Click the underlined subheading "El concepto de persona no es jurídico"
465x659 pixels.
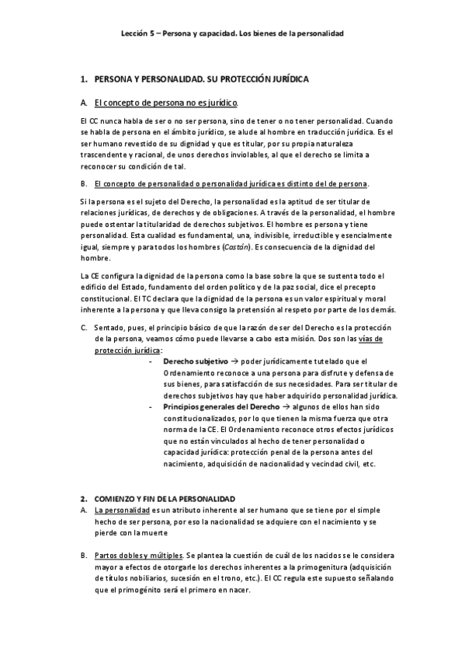(165, 103)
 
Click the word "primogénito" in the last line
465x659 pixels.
(137, 590)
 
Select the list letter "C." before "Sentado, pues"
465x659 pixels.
(84, 327)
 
